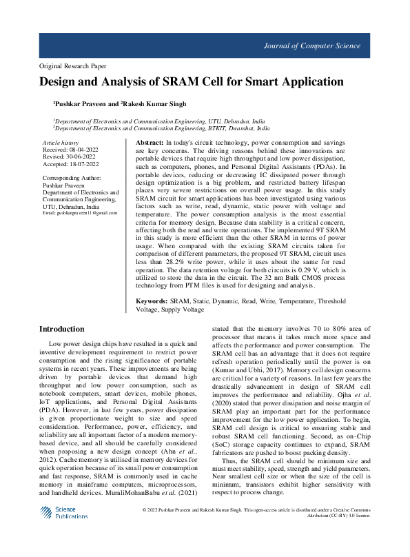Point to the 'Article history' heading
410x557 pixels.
pos(61,142)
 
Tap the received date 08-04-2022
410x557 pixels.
pos(84,149)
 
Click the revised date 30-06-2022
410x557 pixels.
pos(81,156)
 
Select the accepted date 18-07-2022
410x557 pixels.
pos(84,164)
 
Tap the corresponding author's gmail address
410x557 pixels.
pos(79,214)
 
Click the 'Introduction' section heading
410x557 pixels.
pos(62,329)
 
